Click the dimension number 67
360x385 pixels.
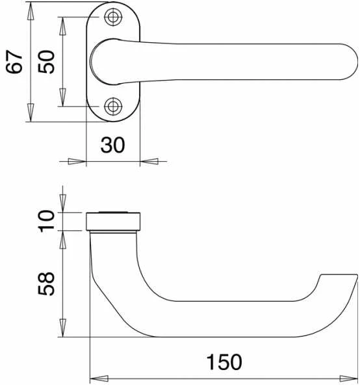coord(14,62)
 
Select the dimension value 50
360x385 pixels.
coord(46,62)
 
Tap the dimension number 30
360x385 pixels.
coord(112,145)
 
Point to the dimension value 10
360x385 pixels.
coord(46,221)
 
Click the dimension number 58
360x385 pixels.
coord(46,284)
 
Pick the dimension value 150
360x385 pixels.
coord(224,362)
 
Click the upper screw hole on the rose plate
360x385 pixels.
coord(113,17)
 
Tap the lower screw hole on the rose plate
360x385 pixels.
coord(113,106)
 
